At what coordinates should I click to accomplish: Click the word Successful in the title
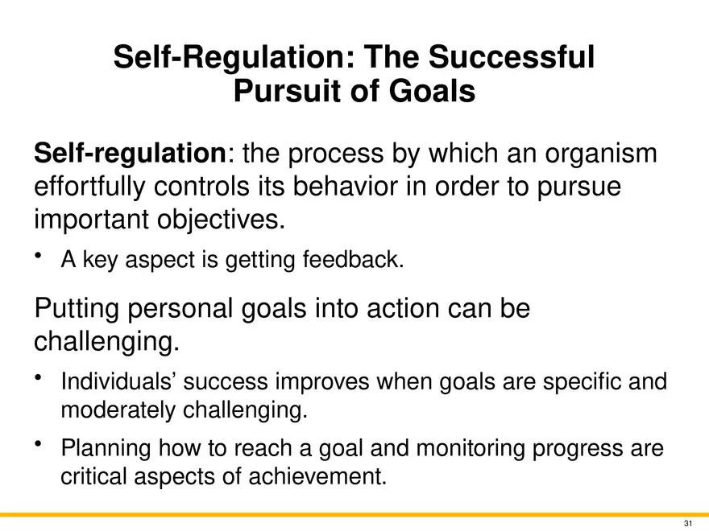point(511,57)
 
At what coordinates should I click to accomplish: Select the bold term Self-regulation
point(131,154)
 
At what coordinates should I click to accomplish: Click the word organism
point(600,154)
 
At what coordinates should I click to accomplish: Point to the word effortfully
point(90,187)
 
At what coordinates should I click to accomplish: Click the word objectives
point(221,220)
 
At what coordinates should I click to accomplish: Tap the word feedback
point(353,260)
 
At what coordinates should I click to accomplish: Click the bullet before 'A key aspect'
point(39,256)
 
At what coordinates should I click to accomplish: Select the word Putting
point(77,309)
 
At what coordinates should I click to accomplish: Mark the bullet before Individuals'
point(39,377)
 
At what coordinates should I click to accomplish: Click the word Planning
point(106,448)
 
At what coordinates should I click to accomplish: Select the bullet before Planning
point(39,444)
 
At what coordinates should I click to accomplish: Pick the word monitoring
point(471,448)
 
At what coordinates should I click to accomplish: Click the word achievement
point(318,476)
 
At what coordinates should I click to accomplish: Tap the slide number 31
point(688,524)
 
